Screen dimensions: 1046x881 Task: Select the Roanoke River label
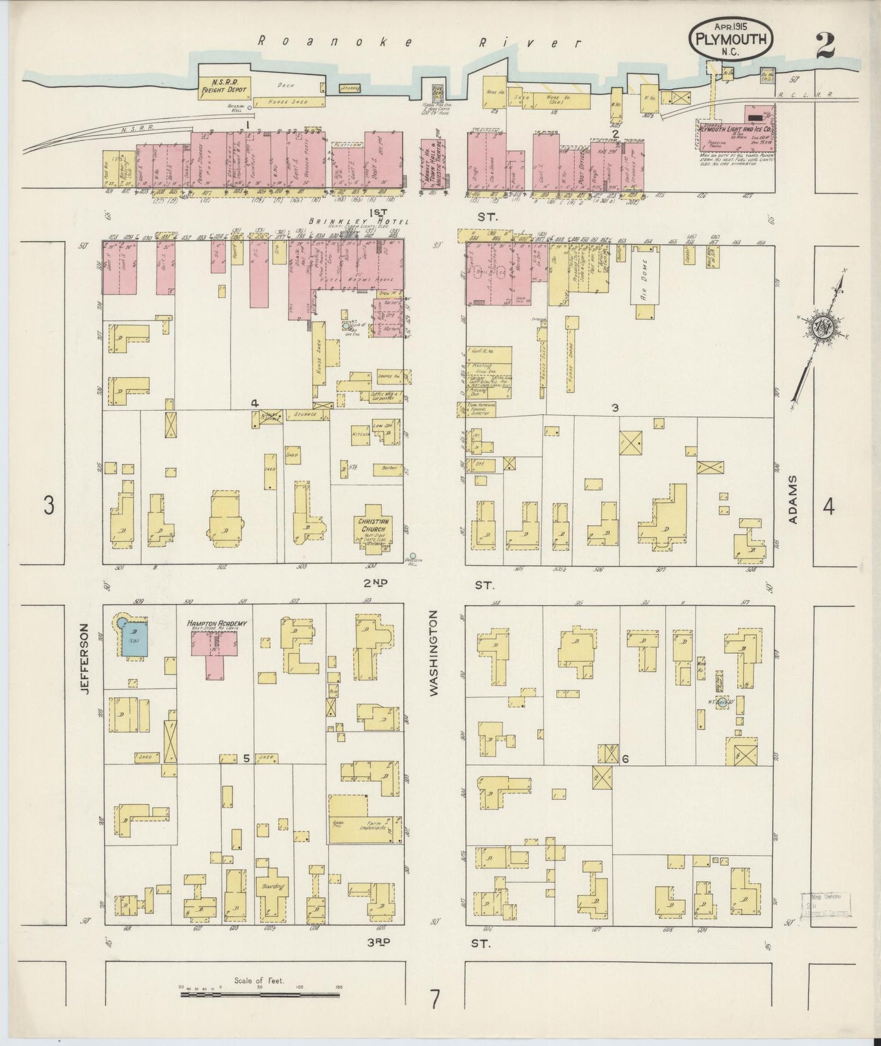click(x=419, y=42)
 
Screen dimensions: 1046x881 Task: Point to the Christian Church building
click(x=376, y=527)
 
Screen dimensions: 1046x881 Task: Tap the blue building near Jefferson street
click(x=134, y=640)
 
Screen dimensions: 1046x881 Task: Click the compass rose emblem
click(x=821, y=328)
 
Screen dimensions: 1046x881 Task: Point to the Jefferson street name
click(x=85, y=660)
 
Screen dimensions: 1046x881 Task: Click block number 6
click(x=625, y=759)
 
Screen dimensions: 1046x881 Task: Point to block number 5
click(x=246, y=759)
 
